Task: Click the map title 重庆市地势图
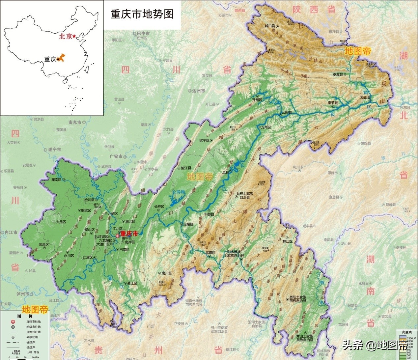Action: pyautogui.click(x=142, y=14)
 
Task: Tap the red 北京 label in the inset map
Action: pyautogui.click(x=65, y=37)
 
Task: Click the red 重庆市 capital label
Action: pyautogui.click(x=129, y=233)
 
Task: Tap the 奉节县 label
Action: pyautogui.click(x=332, y=103)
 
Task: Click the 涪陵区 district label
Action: pyautogui.click(x=188, y=224)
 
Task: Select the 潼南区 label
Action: pyautogui.click(x=56, y=180)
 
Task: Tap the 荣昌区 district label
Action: pyautogui.click(x=44, y=245)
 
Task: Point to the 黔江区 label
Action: pyautogui.click(x=287, y=241)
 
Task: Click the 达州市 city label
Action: pyautogui.click(x=198, y=91)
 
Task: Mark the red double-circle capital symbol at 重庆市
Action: pyautogui.click(x=118, y=235)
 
